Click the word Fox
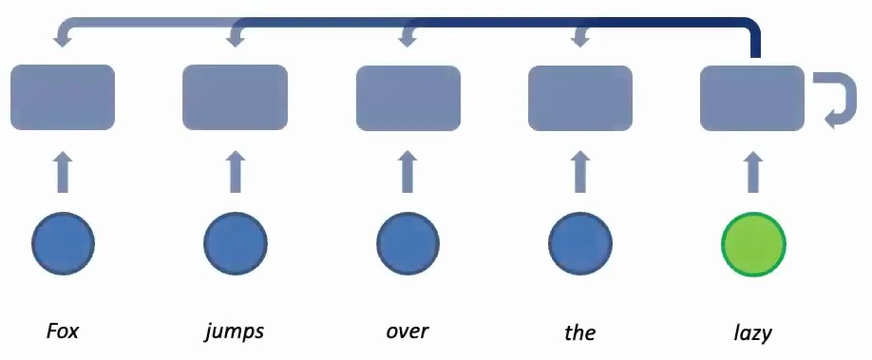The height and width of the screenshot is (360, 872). pos(63,332)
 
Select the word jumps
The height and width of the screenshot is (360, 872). pos(234,333)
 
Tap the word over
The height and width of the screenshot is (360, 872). pos(408,332)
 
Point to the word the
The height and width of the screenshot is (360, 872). pos(579,332)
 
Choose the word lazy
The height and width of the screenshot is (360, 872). pos(752,333)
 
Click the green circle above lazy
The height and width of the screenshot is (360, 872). pos(753,244)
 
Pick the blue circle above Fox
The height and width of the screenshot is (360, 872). pos(63,244)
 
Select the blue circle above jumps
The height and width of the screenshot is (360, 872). pos(235,244)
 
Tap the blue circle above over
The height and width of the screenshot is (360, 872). pos(408,244)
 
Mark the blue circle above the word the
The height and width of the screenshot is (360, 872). pos(579,244)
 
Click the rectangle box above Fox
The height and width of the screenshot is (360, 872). pos(63,97)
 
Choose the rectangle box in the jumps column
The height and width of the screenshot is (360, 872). pos(235,97)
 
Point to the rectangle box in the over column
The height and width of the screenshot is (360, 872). pos(408,97)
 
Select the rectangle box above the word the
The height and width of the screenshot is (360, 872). pos(579,97)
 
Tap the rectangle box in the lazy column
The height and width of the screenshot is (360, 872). pos(752,97)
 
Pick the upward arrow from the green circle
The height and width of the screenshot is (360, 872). pos(753,175)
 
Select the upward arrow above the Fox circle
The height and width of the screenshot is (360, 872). pos(63,175)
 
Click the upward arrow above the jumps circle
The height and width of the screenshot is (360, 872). pos(235,175)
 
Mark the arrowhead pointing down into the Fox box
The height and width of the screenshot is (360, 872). pos(64,39)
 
